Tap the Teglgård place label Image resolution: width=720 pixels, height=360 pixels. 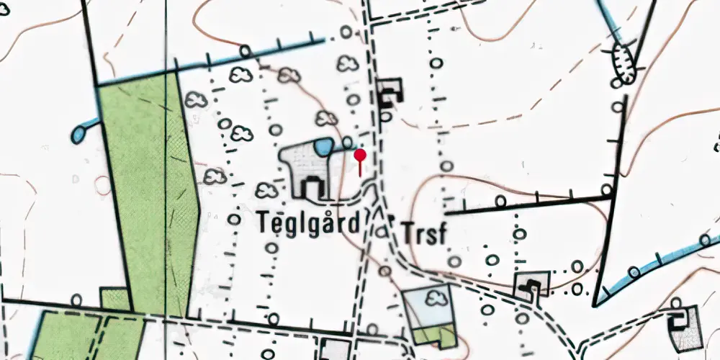(307, 223)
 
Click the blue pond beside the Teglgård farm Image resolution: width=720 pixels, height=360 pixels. (323, 148)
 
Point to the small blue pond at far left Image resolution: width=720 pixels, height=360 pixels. (78, 133)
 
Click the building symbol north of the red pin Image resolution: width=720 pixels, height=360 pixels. (390, 91)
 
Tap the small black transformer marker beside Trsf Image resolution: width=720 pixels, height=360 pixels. (392, 217)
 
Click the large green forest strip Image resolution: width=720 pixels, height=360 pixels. (148, 194)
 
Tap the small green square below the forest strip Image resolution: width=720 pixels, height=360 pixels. (114, 300)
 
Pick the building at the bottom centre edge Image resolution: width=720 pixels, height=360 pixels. (334, 349)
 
